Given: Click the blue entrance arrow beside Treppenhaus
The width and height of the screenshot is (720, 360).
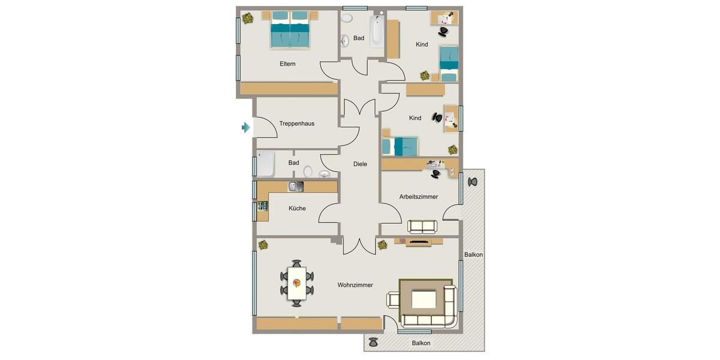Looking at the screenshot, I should point(245,127).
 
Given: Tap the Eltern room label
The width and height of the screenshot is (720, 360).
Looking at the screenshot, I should point(287,64).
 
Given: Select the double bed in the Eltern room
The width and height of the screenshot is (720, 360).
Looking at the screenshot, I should point(290,31).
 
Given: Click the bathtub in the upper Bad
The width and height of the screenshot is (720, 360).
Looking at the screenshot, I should point(376,32).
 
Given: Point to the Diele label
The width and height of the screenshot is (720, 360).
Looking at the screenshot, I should point(360,164).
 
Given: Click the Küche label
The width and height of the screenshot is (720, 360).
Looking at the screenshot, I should point(297,208).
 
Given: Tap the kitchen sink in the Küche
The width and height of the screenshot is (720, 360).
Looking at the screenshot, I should point(296,187).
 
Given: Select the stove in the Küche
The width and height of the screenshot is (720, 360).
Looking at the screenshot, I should point(263,206).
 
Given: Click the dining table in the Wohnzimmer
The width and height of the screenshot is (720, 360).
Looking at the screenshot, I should point(296,283).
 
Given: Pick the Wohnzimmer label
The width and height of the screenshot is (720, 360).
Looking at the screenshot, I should point(355,285).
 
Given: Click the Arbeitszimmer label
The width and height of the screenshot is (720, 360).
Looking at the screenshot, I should point(419,196).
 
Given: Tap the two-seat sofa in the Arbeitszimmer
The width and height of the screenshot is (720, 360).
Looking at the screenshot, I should point(423,227).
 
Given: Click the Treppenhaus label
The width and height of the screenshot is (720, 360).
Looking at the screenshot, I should point(296,124).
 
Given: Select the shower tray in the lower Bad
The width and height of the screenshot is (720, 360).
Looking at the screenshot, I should point(265,164).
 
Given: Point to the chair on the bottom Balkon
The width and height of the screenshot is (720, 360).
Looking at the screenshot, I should point(373,342).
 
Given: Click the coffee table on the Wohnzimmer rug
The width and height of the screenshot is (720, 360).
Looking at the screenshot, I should point(424,298).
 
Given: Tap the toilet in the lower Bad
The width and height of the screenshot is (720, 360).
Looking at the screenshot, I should point(308,171).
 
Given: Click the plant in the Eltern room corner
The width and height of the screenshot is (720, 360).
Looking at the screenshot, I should point(247,19).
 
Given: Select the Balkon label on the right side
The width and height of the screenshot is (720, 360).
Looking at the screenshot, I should point(473,254).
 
